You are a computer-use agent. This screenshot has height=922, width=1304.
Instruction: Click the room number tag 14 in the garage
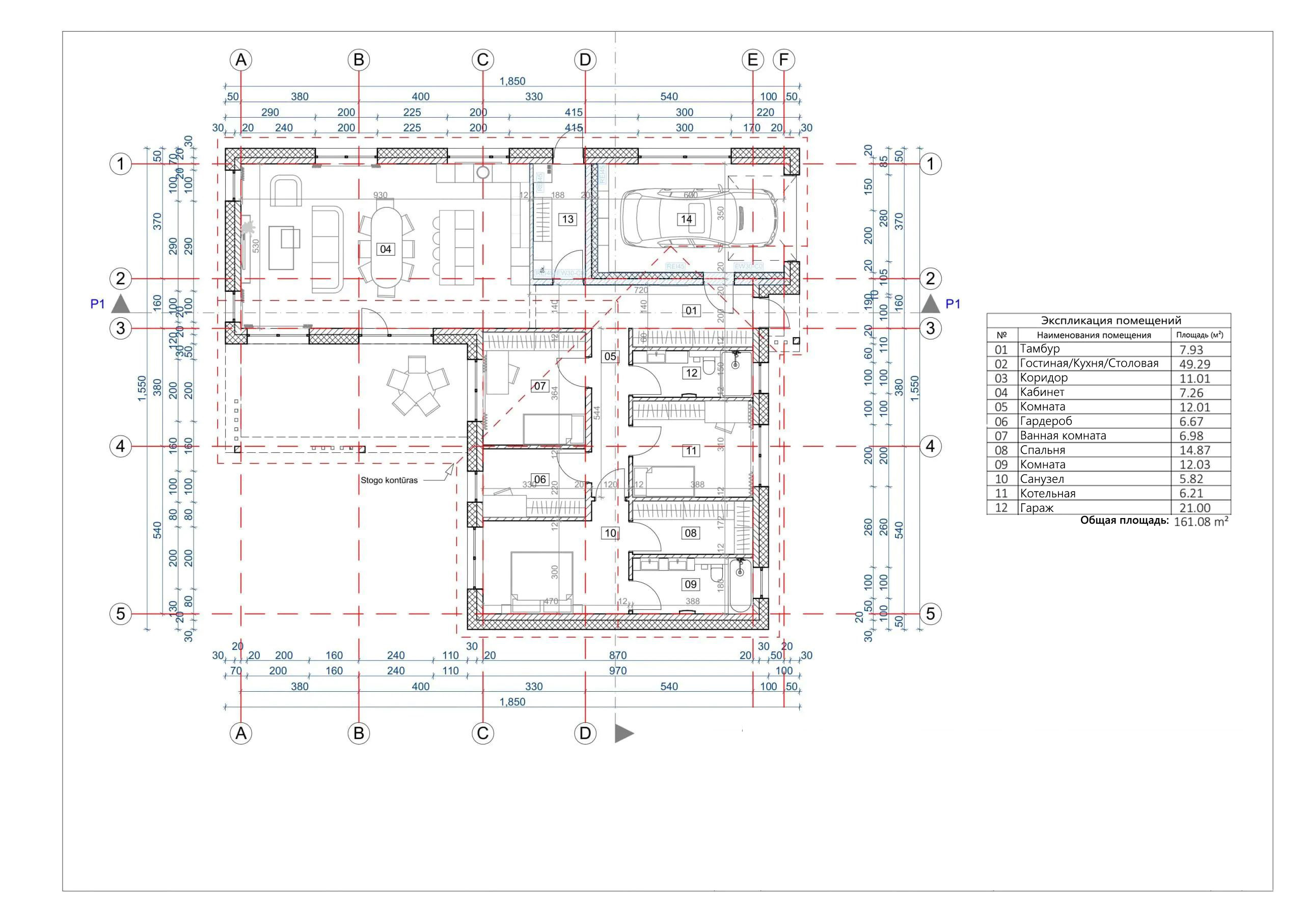tap(686, 219)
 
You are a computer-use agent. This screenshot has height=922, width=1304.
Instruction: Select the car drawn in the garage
tap(698, 219)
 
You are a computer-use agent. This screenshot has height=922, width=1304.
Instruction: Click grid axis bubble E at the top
tap(752, 60)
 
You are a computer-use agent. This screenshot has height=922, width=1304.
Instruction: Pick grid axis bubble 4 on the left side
tap(120, 447)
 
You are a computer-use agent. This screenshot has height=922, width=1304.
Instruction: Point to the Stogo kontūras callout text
tap(389, 480)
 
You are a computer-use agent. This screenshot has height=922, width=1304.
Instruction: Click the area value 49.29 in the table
tap(1194, 364)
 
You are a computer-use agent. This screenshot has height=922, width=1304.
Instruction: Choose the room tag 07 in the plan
tap(539, 386)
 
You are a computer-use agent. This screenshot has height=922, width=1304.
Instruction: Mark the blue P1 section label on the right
tap(953, 304)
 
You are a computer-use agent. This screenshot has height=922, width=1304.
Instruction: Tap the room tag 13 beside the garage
tap(568, 219)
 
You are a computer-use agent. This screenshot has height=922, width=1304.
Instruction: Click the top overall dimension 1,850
tap(512, 81)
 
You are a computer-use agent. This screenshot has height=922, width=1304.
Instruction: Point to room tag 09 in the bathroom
tap(690, 584)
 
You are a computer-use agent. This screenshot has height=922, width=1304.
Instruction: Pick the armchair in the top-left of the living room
tap(286, 192)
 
